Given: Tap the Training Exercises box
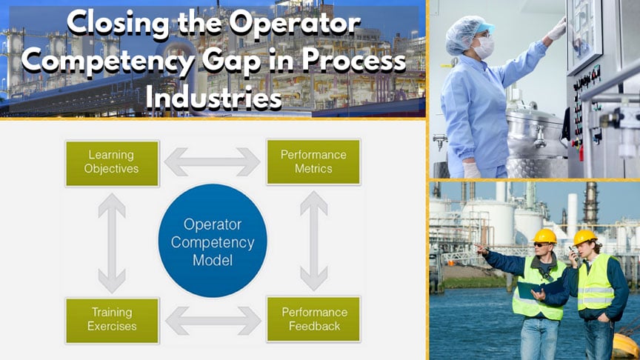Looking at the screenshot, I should [112, 320].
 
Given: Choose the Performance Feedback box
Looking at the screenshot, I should [313, 320].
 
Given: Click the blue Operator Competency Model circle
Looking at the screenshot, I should [213, 241].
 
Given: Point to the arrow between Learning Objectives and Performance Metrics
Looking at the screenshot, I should [213, 161].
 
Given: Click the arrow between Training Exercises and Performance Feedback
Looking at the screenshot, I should [213, 321].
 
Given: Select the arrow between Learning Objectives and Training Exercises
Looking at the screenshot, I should [112, 242].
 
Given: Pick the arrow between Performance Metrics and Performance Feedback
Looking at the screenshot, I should [313, 242].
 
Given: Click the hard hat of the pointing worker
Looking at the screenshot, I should [544, 236].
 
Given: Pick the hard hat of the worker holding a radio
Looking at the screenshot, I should [585, 237].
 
